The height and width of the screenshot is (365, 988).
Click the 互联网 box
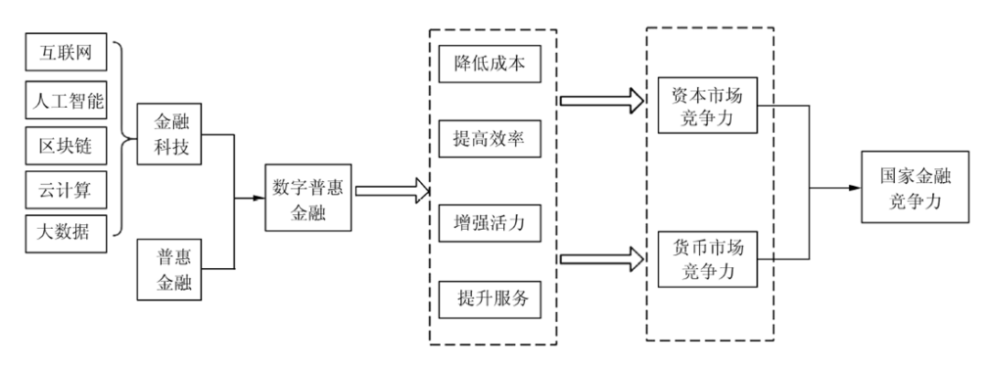point(65,52)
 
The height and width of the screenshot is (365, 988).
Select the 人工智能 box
point(65,98)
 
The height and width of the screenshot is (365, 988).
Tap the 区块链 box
point(65,143)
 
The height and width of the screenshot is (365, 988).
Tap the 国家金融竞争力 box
point(915,188)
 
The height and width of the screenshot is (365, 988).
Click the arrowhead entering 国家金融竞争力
point(855,188)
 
